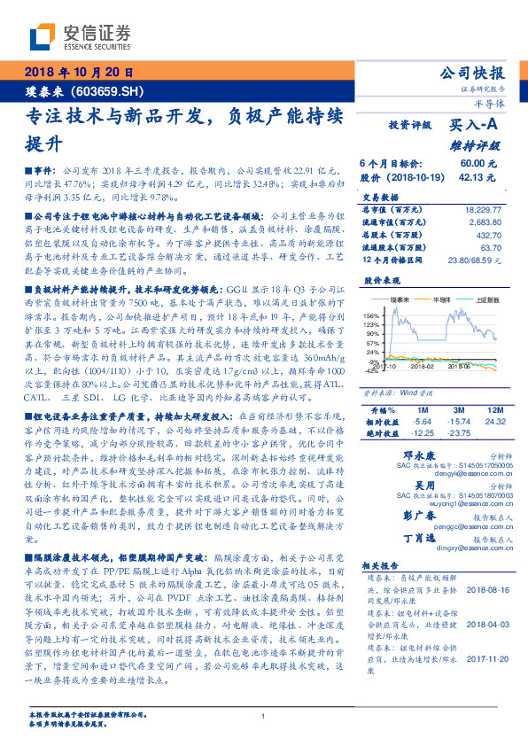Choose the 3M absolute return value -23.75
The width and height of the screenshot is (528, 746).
click(x=460, y=433)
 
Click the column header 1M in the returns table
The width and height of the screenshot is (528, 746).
click(x=422, y=411)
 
